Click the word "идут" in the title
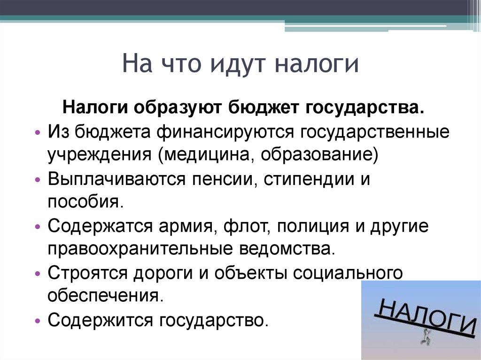[237, 64]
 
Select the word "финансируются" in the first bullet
[225, 132]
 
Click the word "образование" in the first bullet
[316, 154]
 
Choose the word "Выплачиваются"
[116, 179]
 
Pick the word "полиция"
[313, 226]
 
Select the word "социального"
[348, 273]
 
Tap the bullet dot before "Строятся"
[38, 274]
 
